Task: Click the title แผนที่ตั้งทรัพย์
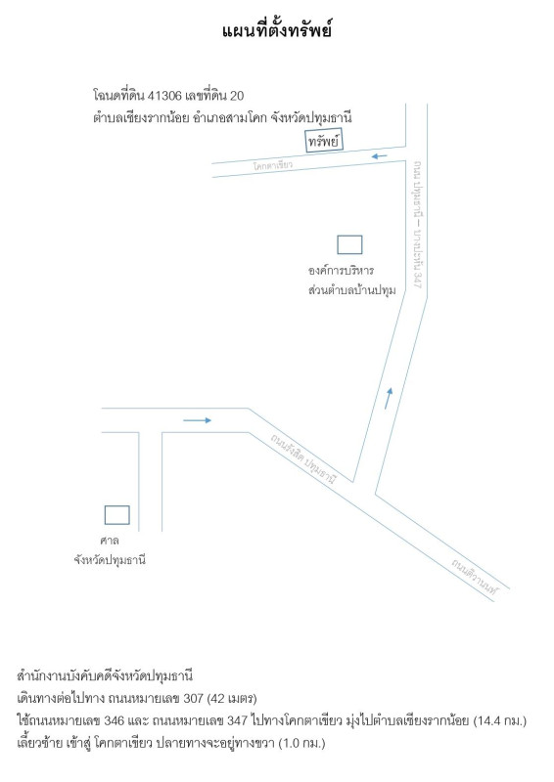[277, 31]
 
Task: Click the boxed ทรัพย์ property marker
[324, 141]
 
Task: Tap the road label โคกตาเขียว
[273, 165]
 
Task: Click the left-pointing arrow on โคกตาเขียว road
[379, 156]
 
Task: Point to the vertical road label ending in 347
[418, 225]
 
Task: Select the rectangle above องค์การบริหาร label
[349, 245]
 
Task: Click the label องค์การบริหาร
[342, 271]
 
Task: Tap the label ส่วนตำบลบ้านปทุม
[352, 290]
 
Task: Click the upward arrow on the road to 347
[389, 399]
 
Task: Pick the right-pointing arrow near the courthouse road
[198, 420]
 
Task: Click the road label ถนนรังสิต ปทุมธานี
[303, 458]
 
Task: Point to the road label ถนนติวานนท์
[475, 576]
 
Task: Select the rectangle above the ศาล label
[116, 515]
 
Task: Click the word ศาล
[110, 541]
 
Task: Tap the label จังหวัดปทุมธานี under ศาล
[110, 560]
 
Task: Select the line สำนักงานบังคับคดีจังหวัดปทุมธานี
[105, 676]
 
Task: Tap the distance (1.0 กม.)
[301, 743]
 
